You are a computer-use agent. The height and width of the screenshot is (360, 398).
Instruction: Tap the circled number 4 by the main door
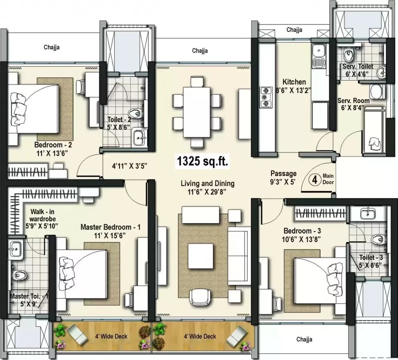pyautogui.click(x=315, y=181)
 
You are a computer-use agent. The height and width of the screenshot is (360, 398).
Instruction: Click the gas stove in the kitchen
pyautogui.click(x=264, y=96)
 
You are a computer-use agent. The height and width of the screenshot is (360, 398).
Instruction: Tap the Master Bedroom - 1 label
pyautogui.click(x=110, y=227)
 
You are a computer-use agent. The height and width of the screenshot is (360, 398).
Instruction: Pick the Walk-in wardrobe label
pyautogui.click(x=40, y=215)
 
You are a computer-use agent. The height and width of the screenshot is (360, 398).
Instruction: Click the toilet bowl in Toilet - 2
pyautogui.click(x=135, y=113)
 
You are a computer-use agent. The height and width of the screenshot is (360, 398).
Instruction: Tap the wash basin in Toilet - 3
pyautogui.click(x=368, y=214)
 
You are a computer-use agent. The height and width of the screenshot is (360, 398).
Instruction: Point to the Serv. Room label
pyautogui.click(x=353, y=101)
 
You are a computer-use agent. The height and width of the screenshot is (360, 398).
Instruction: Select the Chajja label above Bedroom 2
pyautogui.click(x=52, y=47)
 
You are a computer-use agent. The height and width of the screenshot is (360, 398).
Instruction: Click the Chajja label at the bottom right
pyautogui.click(x=304, y=339)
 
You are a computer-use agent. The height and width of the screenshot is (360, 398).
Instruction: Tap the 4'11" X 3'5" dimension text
pyautogui.click(x=129, y=166)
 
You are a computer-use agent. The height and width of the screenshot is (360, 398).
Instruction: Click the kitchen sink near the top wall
pyautogui.click(x=319, y=51)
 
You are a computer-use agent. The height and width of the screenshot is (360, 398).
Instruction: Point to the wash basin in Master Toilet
pyautogui.click(x=15, y=249)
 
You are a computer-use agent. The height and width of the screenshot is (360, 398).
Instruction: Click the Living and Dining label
pyautogui.click(x=207, y=183)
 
